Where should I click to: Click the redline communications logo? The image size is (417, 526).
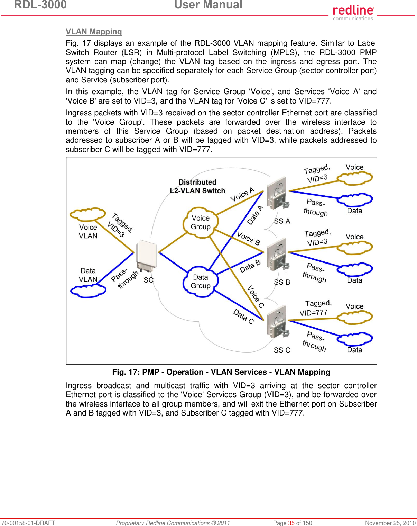pyautogui.click(x=353, y=13)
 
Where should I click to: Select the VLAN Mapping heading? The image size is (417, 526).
pyautogui.click(x=94, y=32)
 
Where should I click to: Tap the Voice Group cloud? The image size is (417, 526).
pyautogui.click(x=201, y=222)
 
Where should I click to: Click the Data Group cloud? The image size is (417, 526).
pyautogui.click(x=201, y=282)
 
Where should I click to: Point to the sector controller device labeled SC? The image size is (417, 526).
pyautogui.click(x=146, y=257)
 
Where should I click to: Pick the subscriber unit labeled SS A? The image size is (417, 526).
pyautogui.click(x=277, y=196)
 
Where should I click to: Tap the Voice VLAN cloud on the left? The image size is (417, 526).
pyautogui.click(x=88, y=215)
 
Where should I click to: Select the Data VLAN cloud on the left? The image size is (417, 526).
pyautogui.click(x=88, y=291)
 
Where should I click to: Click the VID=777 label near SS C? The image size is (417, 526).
pyautogui.click(x=313, y=313)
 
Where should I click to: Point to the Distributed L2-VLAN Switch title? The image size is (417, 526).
pyautogui.click(x=197, y=186)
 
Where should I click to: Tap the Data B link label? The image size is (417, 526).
pyautogui.click(x=250, y=266)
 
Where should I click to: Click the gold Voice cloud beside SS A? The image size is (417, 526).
pyautogui.click(x=355, y=178)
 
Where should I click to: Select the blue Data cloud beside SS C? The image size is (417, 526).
pyautogui.click(x=355, y=339)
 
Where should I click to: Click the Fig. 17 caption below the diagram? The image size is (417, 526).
pyautogui.click(x=221, y=372)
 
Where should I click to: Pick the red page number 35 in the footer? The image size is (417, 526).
pyautogui.click(x=291, y=523)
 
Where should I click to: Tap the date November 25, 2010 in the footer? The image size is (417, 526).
pyautogui.click(x=390, y=523)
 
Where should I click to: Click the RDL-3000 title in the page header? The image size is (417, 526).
pyautogui.click(x=40, y=5)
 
